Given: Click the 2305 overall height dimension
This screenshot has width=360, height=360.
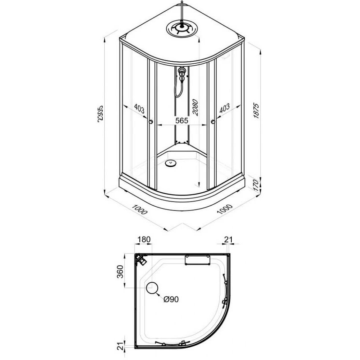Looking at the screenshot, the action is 100,115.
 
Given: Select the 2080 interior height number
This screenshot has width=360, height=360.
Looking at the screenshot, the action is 195,107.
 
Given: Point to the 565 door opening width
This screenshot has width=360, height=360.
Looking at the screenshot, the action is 182,121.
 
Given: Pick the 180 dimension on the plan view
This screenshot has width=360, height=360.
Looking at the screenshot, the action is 144,239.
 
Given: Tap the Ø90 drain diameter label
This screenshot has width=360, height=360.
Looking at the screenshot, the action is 171,299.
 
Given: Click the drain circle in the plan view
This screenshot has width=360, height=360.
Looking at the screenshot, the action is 152,288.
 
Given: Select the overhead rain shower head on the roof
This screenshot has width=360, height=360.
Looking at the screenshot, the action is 182,28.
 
